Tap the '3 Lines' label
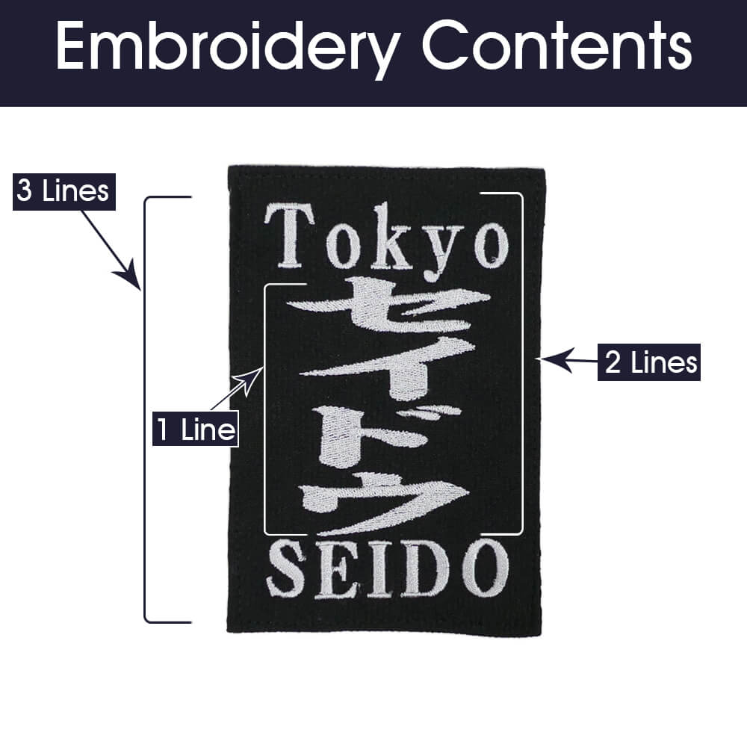[x=63, y=191]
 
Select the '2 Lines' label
[x=649, y=362]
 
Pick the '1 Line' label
[x=195, y=429]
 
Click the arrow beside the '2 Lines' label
[x=569, y=360]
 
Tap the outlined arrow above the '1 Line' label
[x=237, y=388]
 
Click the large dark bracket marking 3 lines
[x=145, y=409]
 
